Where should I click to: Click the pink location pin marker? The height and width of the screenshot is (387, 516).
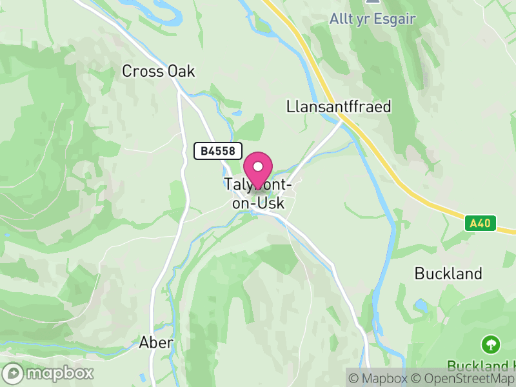coord(259,170)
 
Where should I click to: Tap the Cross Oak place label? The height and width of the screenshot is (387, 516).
coord(159,72)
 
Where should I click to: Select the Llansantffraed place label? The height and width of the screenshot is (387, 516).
coord(339,106)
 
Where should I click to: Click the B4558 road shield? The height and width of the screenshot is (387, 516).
coord(218,151)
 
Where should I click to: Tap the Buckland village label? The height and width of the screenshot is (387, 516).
coord(448,273)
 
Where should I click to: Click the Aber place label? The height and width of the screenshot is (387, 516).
coord(156,342)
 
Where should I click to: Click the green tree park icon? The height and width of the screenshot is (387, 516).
coord(491,344)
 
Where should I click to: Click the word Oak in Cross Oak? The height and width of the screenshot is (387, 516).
coord(181,72)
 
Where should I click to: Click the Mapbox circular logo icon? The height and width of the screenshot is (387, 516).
coord(14,373)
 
